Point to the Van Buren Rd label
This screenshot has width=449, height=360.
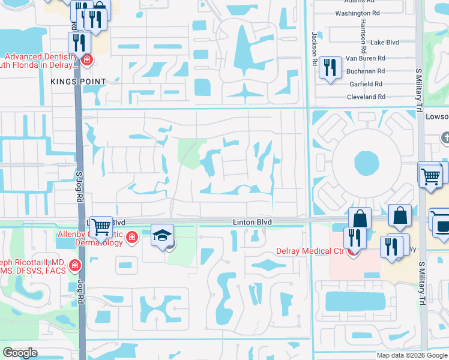[365, 59]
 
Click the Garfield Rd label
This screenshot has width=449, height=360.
[366, 84]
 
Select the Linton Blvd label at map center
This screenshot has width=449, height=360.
[252, 222]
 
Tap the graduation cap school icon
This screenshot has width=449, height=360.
[162, 235]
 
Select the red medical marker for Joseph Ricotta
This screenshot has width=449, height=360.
[74, 265]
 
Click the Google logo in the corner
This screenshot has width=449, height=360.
[20, 353]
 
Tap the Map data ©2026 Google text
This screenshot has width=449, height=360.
[411, 355]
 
